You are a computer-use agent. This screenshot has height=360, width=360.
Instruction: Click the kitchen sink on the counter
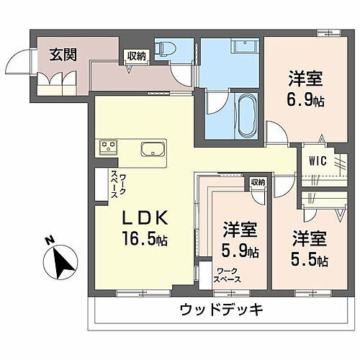153,151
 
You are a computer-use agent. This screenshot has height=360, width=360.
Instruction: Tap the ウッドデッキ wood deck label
222,311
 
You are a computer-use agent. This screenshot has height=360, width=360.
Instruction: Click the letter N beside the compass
47,242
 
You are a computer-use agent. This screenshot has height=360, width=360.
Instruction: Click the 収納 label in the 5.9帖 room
258,182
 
